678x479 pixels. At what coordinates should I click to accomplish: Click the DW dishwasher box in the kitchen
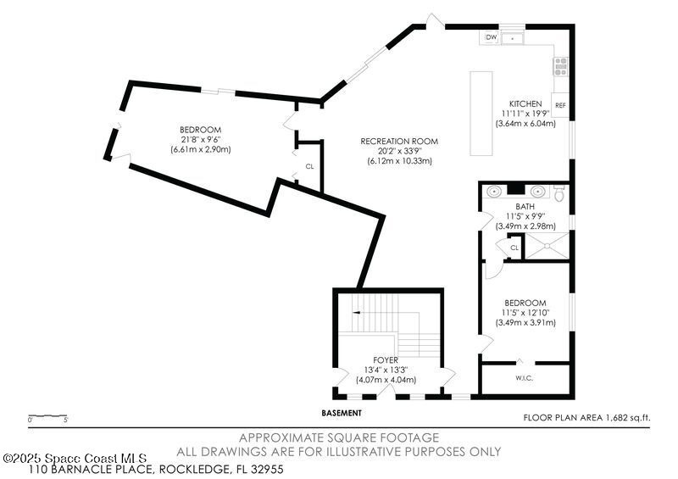coord(492,37)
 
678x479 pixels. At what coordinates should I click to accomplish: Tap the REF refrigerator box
coord(560,105)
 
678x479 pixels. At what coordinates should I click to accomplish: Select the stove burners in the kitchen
coord(561,67)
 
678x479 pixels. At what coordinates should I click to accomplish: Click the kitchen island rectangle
coord(481,114)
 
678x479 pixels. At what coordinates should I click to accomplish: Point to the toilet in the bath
coord(559,192)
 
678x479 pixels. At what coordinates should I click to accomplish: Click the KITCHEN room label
coord(525,103)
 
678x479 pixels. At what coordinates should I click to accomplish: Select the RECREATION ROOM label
coord(399,141)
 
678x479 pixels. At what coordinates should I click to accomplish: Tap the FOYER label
coord(386,360)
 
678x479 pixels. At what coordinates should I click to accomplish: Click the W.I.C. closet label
coord(524,378)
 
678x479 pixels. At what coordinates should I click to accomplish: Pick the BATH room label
coord(525,206)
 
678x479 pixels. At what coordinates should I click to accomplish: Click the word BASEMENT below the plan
coord(342,413)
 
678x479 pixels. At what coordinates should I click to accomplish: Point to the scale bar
coord(47,415)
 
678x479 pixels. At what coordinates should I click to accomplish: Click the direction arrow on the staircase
coord(356,312)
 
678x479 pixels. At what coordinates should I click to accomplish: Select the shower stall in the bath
coord(547,246)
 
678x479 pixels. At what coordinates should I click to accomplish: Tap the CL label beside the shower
coord(514,248)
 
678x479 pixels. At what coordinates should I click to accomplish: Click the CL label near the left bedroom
coord(309,166)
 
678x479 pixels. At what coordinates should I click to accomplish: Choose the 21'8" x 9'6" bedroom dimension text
coord(201,140)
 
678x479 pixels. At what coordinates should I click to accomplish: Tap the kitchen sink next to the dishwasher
coord(512,38)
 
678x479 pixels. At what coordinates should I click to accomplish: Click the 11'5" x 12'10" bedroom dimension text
coord(525,313)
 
